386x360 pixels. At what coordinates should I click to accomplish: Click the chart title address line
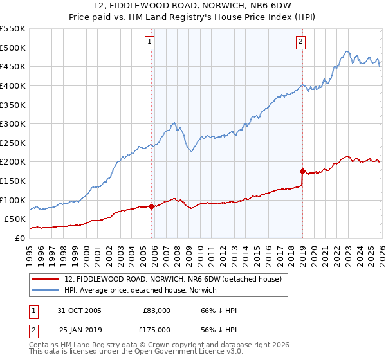(x=192, y=6)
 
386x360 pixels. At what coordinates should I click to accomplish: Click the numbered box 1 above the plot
(x=149, y=42)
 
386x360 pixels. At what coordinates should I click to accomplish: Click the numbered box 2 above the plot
(x=300, y=42)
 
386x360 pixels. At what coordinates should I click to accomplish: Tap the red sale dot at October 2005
(x=152, y=206)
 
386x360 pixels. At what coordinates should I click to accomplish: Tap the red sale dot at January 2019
(x=302, y=171)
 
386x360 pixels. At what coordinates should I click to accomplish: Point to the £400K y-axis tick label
(x=12, y=85)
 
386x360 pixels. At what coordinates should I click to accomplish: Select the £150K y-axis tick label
(x=12, y=181)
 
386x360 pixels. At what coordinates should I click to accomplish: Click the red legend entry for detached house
(x=172, y=280)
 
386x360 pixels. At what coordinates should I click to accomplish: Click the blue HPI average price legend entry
(x=140, y=291)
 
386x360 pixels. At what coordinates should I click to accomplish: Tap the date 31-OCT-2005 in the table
(x=80, y=310)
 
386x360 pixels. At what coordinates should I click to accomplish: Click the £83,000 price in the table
(x=156, y=310)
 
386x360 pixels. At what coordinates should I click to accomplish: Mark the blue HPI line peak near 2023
(x=346, y=51)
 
